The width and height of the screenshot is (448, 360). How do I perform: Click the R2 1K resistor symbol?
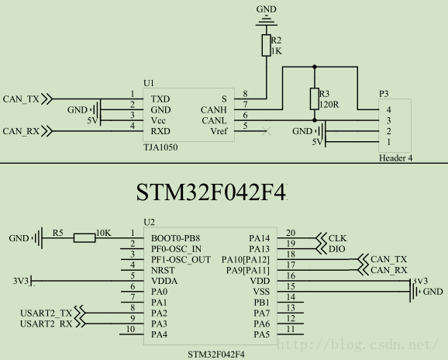pos(267,45)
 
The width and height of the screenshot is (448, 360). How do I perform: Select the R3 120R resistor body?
pos(315,99)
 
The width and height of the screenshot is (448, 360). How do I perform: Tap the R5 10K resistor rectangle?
pos(84,238)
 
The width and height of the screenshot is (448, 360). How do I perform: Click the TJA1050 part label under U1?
pos(160,147)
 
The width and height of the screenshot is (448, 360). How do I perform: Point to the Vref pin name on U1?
pos(219,131)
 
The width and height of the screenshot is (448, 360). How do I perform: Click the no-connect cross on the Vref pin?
pos(267,131)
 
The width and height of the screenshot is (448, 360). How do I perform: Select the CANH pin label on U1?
pos(214,110)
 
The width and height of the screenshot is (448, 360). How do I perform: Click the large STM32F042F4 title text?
pos(211,192)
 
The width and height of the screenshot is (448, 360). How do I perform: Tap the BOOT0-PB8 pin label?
pos(175,238)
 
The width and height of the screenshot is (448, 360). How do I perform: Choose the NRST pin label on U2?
pos(163,270)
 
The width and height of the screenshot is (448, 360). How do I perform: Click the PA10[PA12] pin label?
pos(246,260)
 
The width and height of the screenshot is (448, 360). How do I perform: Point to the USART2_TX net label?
pos(46,313)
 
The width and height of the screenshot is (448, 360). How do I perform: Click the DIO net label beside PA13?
pos(337,249)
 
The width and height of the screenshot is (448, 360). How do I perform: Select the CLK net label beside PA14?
pos(337,238)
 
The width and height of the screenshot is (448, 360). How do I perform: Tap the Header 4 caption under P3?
pos(396,158)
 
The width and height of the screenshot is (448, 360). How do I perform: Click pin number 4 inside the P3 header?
pos(388,110)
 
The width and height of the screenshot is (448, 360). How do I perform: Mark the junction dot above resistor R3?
pos(315,67)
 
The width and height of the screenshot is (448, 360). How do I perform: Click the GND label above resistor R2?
pos(267,9)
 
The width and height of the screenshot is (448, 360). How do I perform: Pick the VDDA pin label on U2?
pos(164,281)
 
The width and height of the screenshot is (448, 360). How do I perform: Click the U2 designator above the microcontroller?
pos(149,222)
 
